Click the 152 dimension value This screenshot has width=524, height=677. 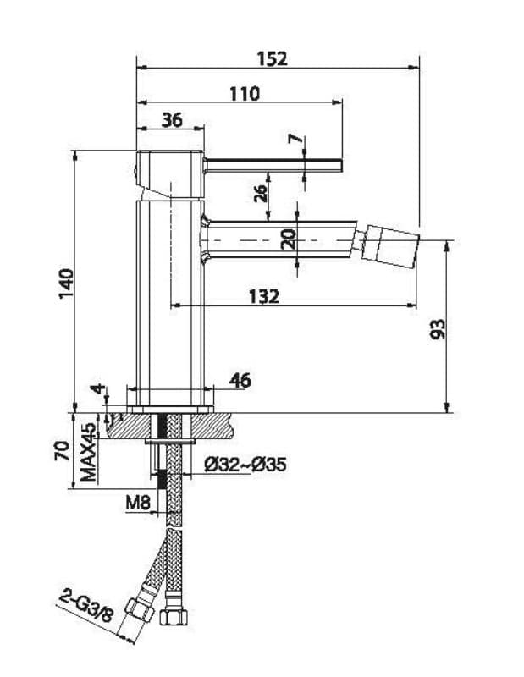pyautogui.click(x=272, y=58)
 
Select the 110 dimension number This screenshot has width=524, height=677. pyautogui.click(x=245, y=94)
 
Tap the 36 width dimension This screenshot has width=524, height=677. pyautogui.click(x=172, y=120)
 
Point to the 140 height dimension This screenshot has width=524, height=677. pyautogui.click(x=67, y=283)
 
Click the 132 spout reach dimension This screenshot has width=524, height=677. pyautogui.click(x=264, y=297)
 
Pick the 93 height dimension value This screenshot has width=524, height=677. pyautogui.click(x=437, y=329)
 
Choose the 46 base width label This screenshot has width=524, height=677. pyautogui.click(x=240, y=380)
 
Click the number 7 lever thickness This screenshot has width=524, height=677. pyautogui.click(x=295, y=139)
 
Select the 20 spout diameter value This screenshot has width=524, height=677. pyautogui.click(x=288, y=239)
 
